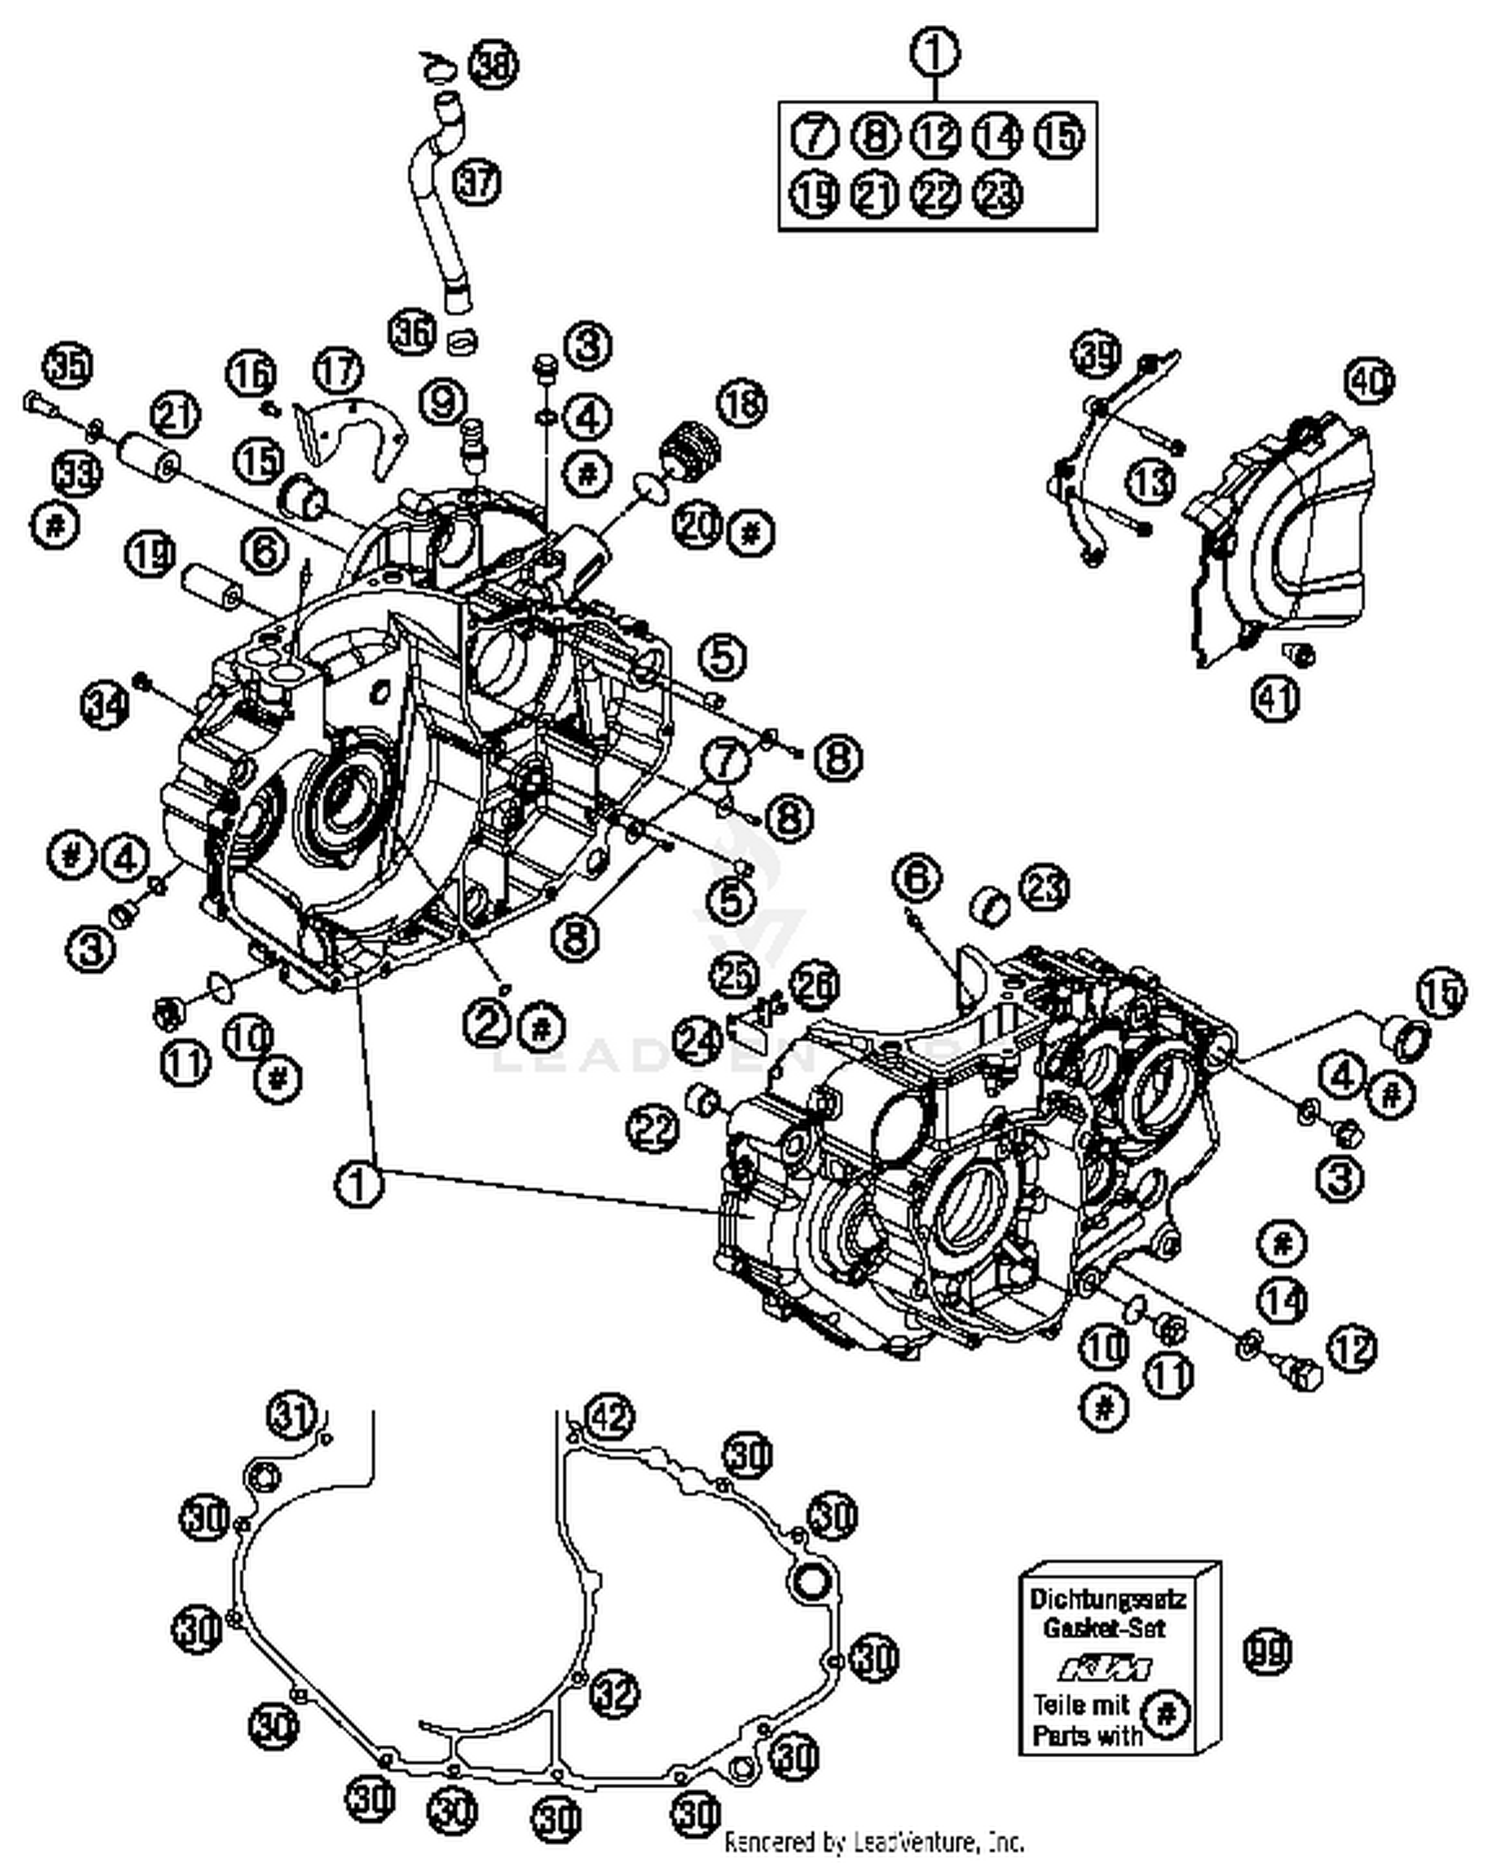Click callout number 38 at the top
[495, 67]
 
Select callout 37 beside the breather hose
[477, 182]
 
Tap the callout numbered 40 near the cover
[1370, 381]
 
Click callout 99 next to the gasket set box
[1266, 1651]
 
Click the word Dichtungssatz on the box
[1107, 1598]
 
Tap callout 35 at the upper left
[69, 368]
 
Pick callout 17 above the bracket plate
[339, 371]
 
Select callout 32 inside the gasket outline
[614, 1692]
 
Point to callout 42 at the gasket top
[610, 1415]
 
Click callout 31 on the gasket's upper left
[291, 1415]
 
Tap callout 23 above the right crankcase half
[1043, 887]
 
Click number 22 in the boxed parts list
[936, 194]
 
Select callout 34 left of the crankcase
[105, 705]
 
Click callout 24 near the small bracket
[697, 1041]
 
